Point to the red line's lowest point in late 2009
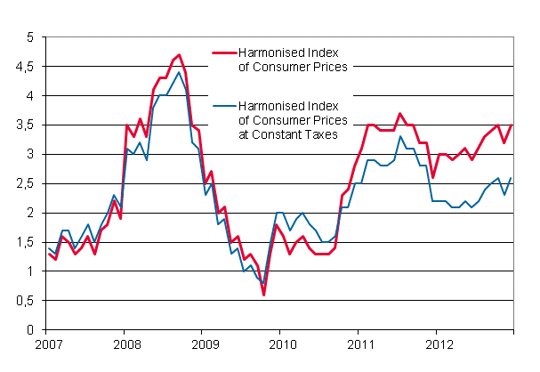263,295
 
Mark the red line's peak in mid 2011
400,114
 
